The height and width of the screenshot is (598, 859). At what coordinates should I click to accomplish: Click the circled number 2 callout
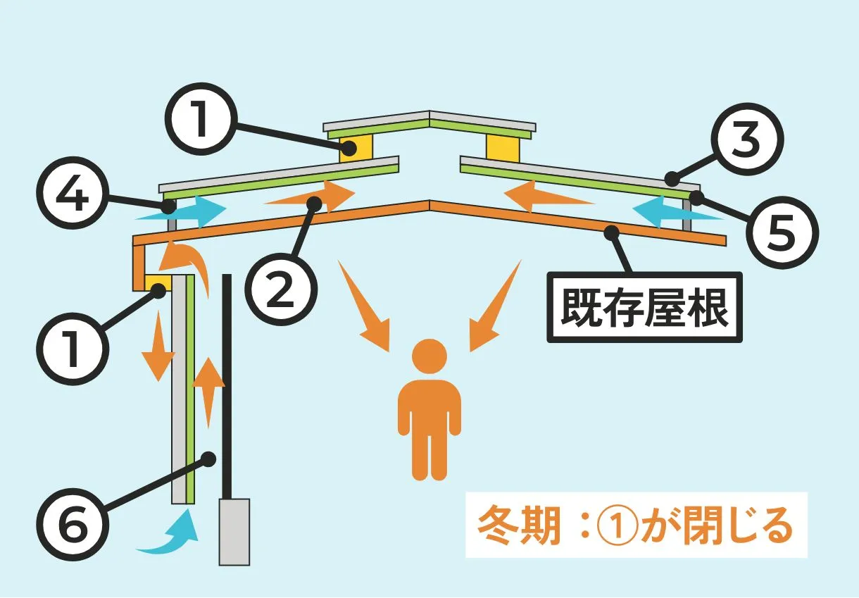click(x=280, y=292)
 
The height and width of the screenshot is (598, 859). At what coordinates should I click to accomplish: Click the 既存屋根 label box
click(x=644, y=308)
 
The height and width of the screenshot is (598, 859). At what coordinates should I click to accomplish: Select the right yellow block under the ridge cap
click(x=503, y=148)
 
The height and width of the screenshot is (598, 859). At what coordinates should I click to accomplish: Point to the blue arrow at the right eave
click(x=676, y=213)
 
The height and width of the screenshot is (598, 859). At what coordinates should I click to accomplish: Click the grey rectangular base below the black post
click(x=234, y=531)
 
